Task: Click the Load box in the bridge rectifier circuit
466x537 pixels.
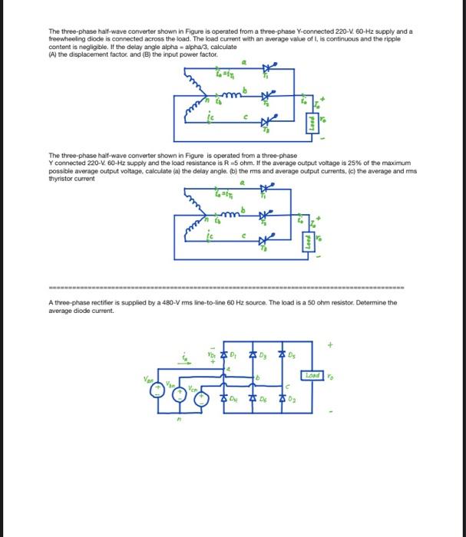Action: (312, 376)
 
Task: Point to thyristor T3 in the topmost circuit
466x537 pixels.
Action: (266, 121)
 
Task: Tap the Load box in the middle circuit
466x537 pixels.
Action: (311, 239)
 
